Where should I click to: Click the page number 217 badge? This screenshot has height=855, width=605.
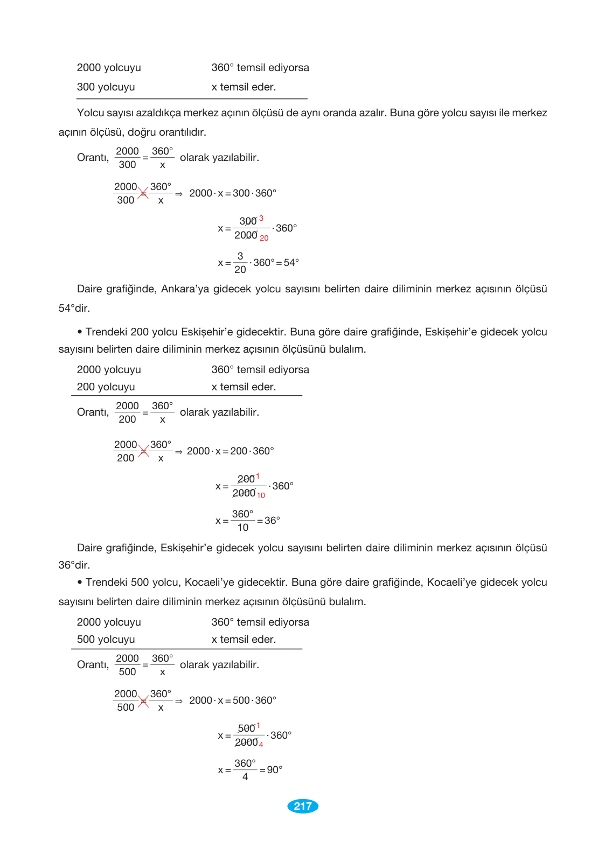pyautogui.click(x=303, y=806)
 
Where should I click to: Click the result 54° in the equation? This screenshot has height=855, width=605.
pyautogui.click(x=291, y=263)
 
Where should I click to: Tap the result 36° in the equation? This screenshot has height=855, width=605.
pyautogui.click(x=272, y=521)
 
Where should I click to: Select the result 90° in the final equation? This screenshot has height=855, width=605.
pyautogui.click(x=275, y=770)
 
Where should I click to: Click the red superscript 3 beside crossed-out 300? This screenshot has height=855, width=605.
pyautogui.click(x=261, y=219)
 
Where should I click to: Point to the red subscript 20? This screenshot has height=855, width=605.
pyautogui.click(x=264, y=238)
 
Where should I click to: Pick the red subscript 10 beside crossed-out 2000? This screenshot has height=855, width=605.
pyautogui.click(x=261, y=495)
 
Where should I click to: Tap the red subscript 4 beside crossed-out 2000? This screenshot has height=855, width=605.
pyautogui.click(x=261, y=745)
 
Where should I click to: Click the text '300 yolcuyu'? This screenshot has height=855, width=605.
pyautogui.click(x=106, y=87)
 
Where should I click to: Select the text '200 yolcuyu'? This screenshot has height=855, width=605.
pyautogui.click(x=106, y=387)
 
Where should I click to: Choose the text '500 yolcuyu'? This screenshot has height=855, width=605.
pyautogui.click(x=106, y=640)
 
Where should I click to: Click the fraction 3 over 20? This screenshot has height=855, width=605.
pyautogui.click(x=240, y=263)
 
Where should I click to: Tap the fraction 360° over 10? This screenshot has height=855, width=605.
pyautogui.click(x=242, y=521)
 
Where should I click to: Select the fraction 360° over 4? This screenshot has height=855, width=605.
pyautogui.click(x=245, y=770)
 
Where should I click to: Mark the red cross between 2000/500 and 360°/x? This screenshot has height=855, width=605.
pyautogui.click(x=143, y=701)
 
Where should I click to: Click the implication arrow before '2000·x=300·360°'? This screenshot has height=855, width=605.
pyautogui.click(x=179, y=194)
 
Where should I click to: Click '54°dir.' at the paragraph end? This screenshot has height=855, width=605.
pyautogui.click(x=74, y=309)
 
